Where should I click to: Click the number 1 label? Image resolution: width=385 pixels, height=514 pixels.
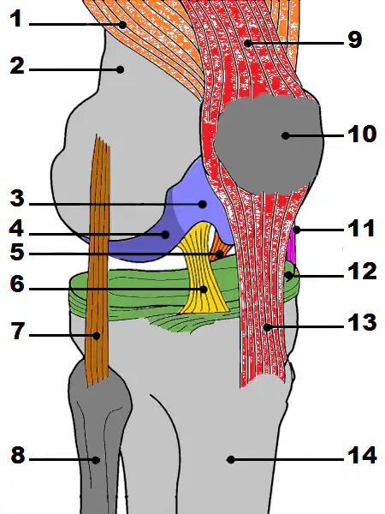point(15,18)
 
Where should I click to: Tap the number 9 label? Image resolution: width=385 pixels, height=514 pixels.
point(355,39)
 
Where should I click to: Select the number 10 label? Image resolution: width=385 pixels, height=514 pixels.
point(361,134)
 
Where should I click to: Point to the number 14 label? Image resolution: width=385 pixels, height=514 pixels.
point(362,456)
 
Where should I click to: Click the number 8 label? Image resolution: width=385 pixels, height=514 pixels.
point(18,455)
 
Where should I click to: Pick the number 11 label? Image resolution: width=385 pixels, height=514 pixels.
point(361,228)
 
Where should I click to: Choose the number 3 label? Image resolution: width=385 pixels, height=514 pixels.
point(17,199)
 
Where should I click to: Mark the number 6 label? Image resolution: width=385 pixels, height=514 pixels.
point(17,284)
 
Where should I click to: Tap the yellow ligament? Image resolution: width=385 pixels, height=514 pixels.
point(203,272)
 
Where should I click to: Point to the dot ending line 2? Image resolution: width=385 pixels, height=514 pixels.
point(120,69)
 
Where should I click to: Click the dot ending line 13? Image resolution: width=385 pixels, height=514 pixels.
point(268,327)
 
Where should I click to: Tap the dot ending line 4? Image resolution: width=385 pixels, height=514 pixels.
point(165,235)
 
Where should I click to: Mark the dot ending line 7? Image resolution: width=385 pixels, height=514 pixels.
point(96,336)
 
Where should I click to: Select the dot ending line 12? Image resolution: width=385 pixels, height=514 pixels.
point(289,275)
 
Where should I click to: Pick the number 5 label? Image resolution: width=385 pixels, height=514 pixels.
point(17,252)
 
